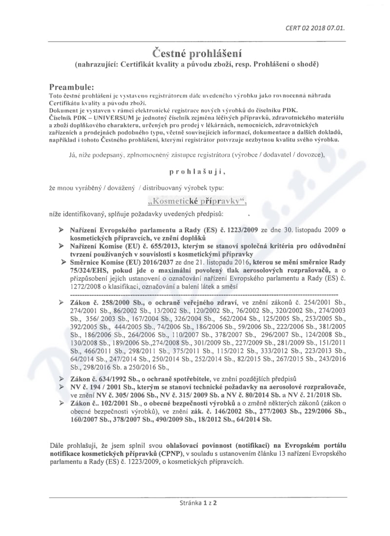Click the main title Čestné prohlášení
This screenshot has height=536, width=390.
[x=195, y=53]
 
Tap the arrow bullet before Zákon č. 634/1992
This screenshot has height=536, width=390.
[x=60, y=378]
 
